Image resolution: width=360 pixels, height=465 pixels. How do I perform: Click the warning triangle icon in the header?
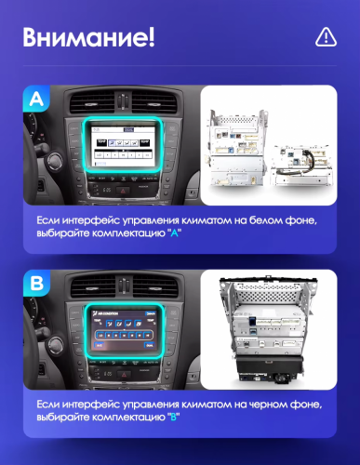coord(326,36)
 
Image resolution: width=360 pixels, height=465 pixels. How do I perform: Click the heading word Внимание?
coord(88,38)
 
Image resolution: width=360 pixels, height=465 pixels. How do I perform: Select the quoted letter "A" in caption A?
coord(173,232)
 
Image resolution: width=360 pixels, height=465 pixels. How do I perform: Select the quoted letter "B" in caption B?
coord(173,418)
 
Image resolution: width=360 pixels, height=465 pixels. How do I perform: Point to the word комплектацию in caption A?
coord(126,232)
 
